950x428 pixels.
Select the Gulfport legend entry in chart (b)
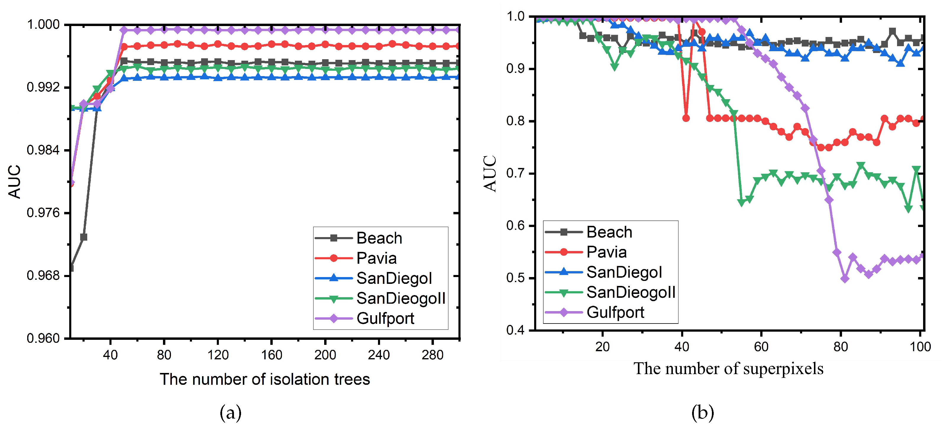(x=615, y=313)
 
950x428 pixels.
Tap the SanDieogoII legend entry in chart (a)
(x=400, y=298)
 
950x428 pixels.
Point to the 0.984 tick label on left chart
(x=43, y=150)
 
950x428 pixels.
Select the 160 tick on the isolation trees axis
(x=272, y=355)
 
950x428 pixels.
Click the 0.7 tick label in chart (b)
(x=515, y=173)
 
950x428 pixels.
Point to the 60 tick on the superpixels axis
(x=761, y=347)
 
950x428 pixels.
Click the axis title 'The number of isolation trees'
(x=264, y=379)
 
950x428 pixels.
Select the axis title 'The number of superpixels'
(x=728, y=369)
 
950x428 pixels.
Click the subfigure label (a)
(x=230, y=412)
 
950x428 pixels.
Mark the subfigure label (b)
(x=702, y=412)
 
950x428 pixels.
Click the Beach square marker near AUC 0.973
(x=84, y=237)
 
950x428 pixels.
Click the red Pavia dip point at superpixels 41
(x=686, y=118)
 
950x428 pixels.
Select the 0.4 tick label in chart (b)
(x=515, y=330)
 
